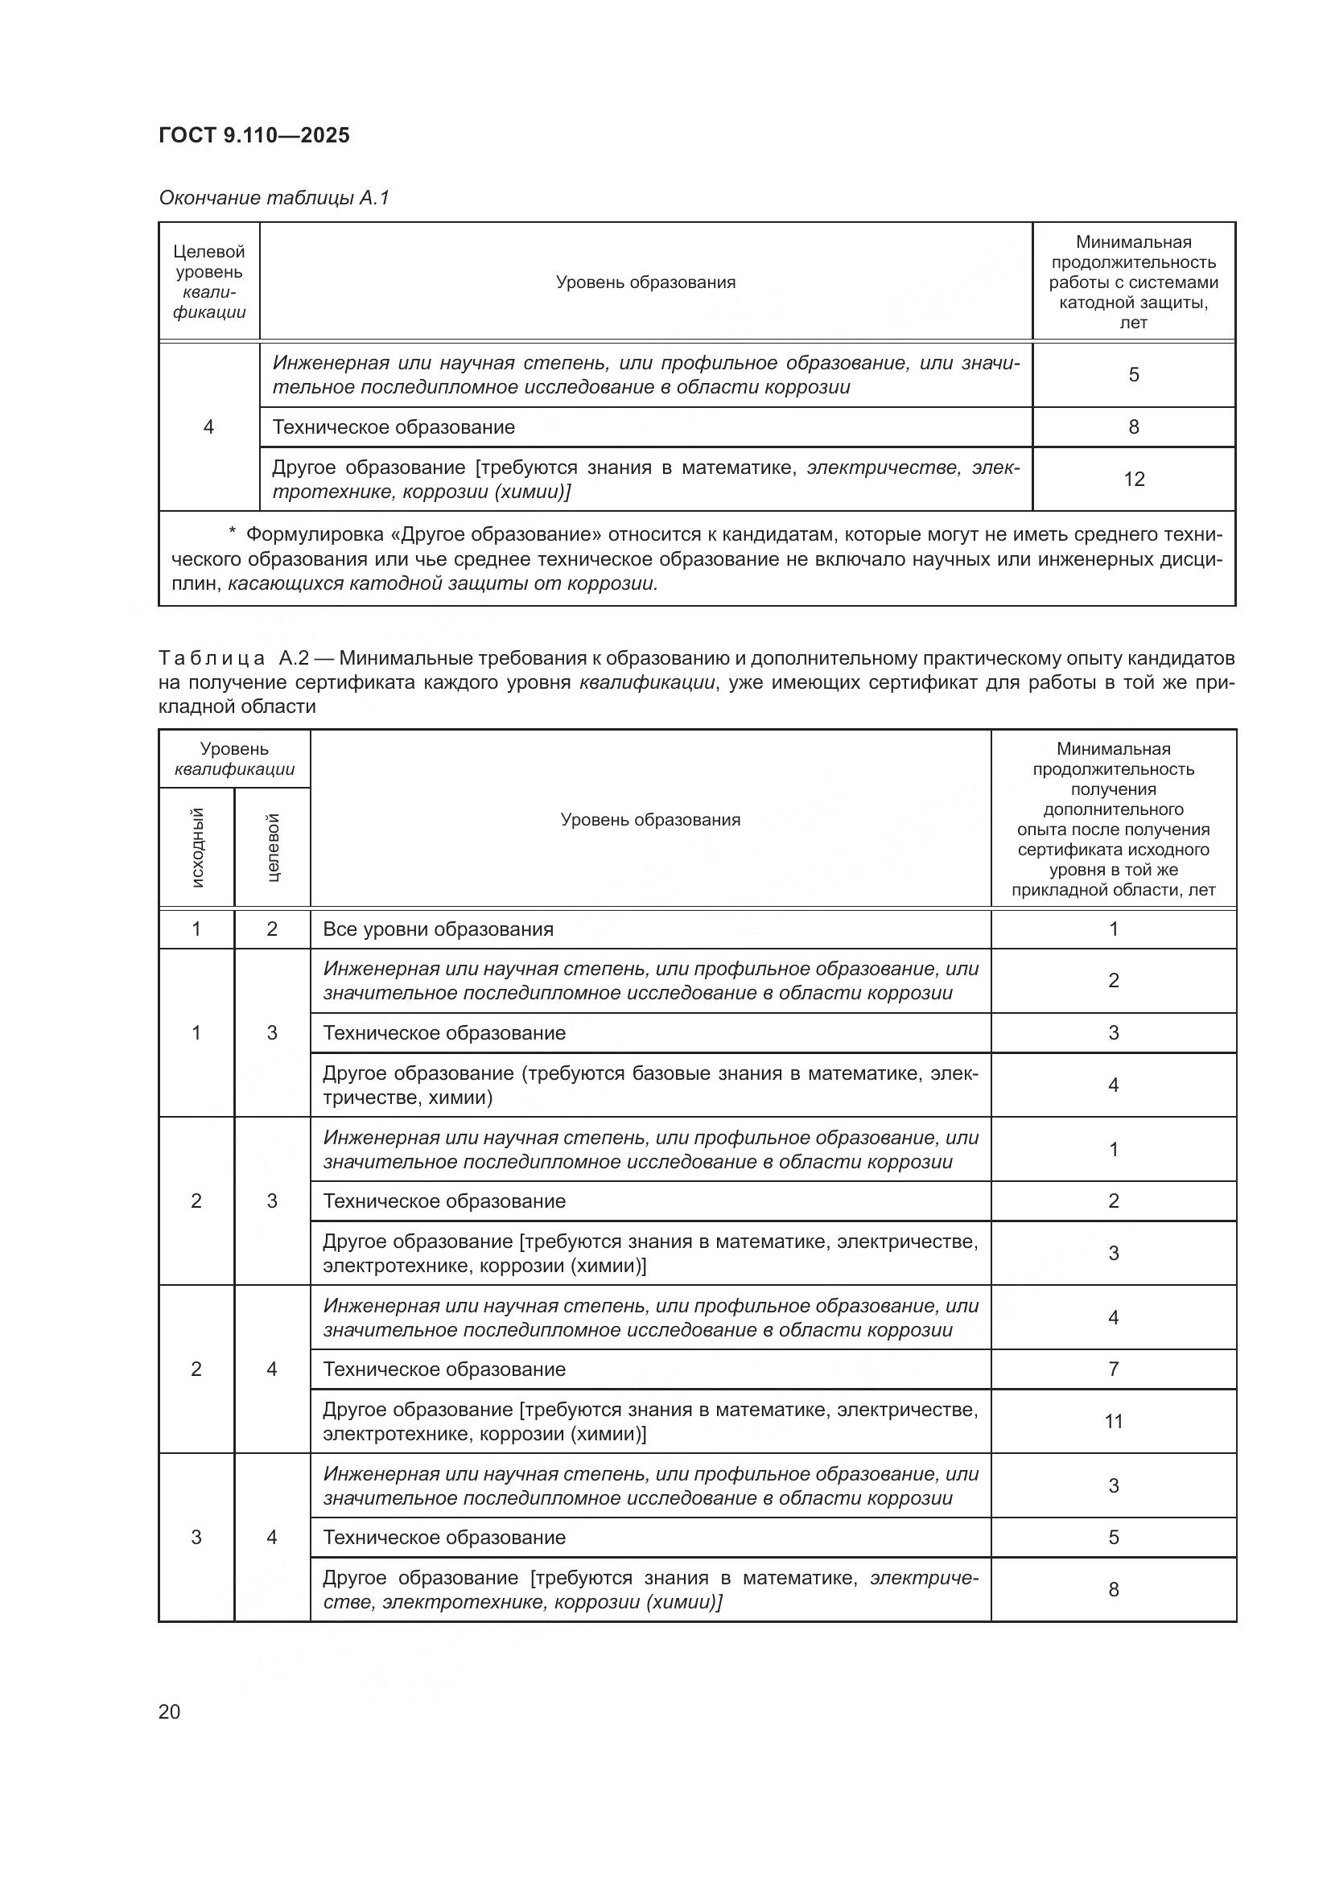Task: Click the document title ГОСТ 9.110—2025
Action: pos(254,135)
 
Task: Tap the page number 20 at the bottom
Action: pos(169,1711)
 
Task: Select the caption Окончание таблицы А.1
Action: pos(274,198)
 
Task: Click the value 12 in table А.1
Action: pos(1134,480)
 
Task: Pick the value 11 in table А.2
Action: pos(1113,1421)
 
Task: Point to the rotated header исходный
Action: pos(196,847)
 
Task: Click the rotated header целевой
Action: pos(273,847)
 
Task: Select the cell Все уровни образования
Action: pos(439,929)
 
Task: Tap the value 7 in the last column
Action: pos(1113,1369)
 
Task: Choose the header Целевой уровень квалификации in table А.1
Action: pos(209,281)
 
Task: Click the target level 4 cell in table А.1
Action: pos(209,427)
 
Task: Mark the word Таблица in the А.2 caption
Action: pos(212,658)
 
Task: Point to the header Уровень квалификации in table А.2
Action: pos(234,759)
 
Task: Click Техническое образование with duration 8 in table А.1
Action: pos(394,427)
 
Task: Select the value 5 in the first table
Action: pos(1134,375)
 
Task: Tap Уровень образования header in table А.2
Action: pos(650,820)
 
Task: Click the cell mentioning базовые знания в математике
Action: pos(650,1085)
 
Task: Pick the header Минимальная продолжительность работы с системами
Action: pos(1134,273)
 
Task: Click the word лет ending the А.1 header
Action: pos(1134,323)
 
